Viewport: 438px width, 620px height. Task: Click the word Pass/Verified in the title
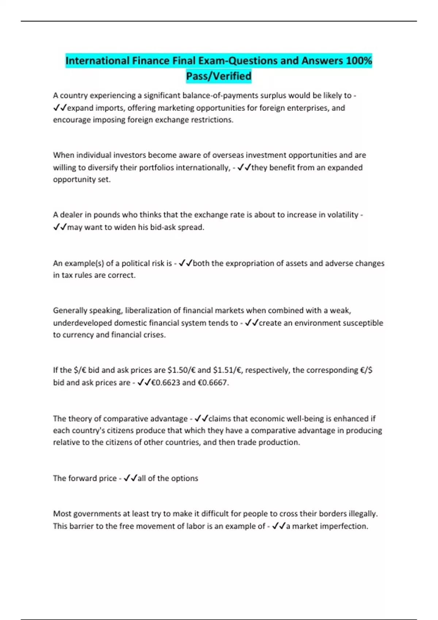pyautogui.click(x=219, y=76)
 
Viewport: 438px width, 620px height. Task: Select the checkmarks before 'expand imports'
pyautogui.click(x=60, y=108)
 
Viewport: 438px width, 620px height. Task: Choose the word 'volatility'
pyautogui.click(x=340, y=215)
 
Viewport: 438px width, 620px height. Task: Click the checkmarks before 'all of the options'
pyautogui.click(x=130, y=478)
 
